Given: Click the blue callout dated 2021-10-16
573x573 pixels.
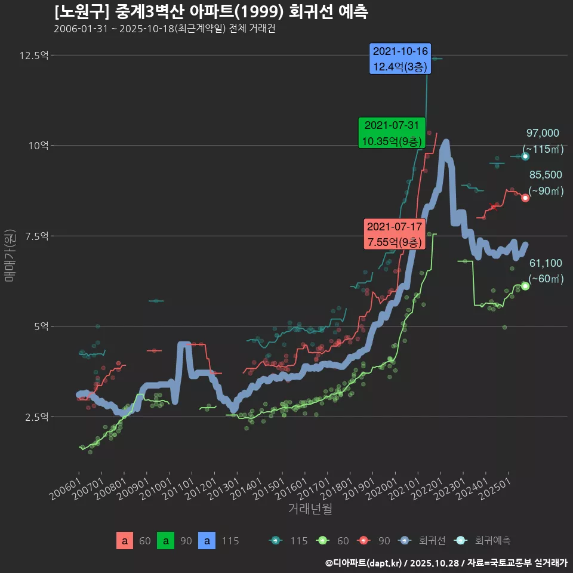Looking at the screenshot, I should [400, 59].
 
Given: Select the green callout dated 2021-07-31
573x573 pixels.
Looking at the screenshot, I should [392, 133].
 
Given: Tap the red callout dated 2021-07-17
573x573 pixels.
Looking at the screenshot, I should [395, 235].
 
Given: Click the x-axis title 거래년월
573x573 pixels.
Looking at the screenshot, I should [310, 509].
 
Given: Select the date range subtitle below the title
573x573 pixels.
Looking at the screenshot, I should [164, 29].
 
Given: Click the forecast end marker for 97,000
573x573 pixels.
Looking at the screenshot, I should [525, 156].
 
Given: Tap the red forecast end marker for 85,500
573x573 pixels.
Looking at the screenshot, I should [525, 198].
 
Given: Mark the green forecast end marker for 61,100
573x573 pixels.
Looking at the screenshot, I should [525, 286].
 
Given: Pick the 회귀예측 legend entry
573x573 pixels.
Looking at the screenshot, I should [483, 541].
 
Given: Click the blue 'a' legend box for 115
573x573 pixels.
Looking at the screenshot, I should [207, 541].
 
